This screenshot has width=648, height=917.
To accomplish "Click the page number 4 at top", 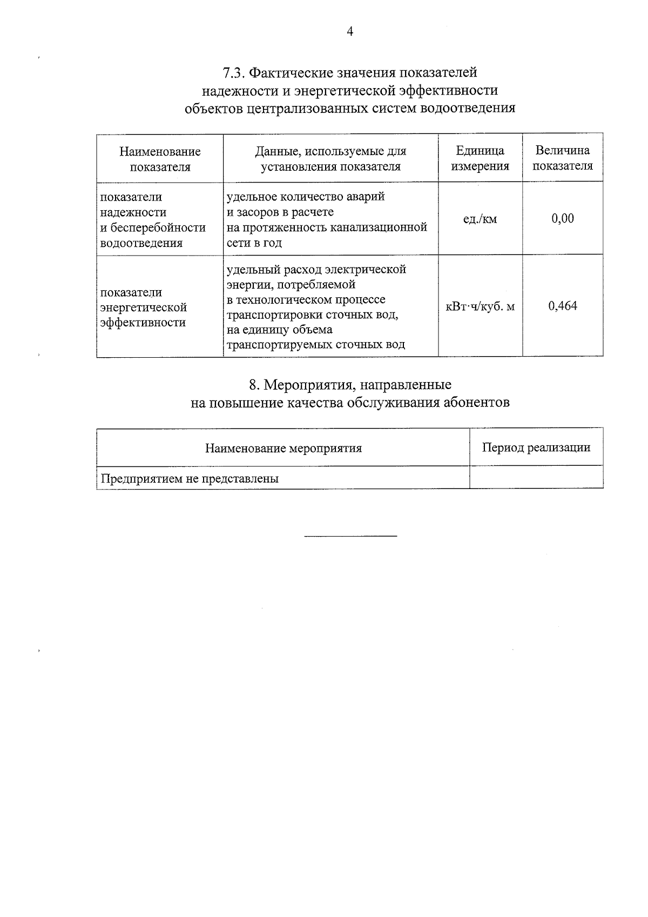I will tap(350, 32).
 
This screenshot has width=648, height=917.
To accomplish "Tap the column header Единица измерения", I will tap(480, 158).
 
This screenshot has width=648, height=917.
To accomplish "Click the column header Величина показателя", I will tap(562, 158).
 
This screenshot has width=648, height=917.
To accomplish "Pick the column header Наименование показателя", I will tap(160, 159).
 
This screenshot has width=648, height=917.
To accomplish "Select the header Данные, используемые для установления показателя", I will tap(330, 158).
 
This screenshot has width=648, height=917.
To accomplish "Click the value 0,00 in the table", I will tap(563, 218).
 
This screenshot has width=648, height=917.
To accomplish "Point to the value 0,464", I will tap(563, 306).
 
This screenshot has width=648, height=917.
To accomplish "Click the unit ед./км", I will tap(480, 219).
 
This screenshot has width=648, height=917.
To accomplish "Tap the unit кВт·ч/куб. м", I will tap(480, 306).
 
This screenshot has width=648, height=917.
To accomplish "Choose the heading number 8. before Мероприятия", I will tap(254, 385).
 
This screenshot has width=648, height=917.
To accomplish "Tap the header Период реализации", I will tap(536, 447).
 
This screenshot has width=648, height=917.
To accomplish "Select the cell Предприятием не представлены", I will tap(190, 478).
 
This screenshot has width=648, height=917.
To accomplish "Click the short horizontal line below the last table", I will tap(350, 536).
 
